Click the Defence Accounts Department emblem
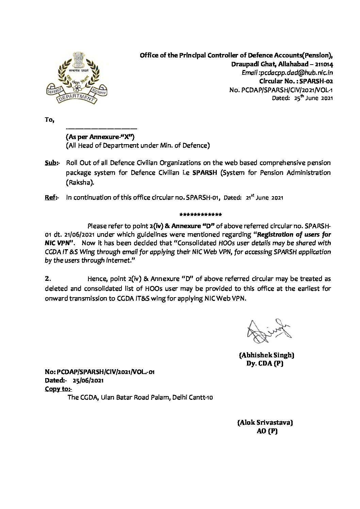pyautogui.click(x=77, y=78)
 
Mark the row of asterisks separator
pyautogui.click(x=200, y=215)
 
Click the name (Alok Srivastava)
pyautogui.click(x=265, y=423)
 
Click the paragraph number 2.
pyautogui.click(x=48, y=279)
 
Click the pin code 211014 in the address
pyautogui.click(x=324, y=64)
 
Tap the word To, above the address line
pyautogui.click(x=49, y=120)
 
